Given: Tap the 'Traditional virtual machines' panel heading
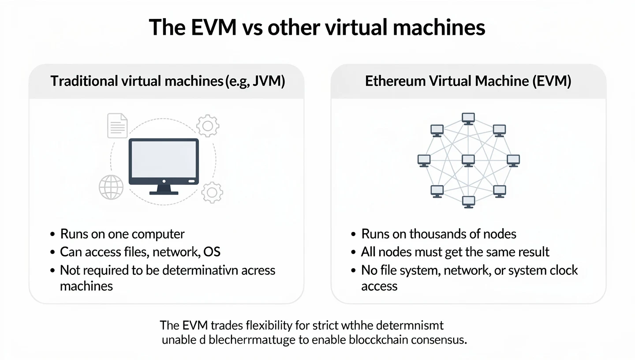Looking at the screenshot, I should (167, 82).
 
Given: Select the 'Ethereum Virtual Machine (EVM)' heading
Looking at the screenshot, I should (468, 82).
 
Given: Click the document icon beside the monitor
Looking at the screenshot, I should (117, 125).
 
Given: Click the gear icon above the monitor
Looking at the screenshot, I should (207, 125).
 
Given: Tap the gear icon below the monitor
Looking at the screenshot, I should (212, 192).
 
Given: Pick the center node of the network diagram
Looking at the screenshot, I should (468, 161).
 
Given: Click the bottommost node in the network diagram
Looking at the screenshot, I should (468, 202).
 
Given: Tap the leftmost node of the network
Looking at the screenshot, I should (424, 161).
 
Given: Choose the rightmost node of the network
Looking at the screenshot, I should (513, 161).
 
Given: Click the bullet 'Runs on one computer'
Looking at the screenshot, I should (122, 234).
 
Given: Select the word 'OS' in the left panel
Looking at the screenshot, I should (212, 252).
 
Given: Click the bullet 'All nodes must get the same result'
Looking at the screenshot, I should (455, 252).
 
